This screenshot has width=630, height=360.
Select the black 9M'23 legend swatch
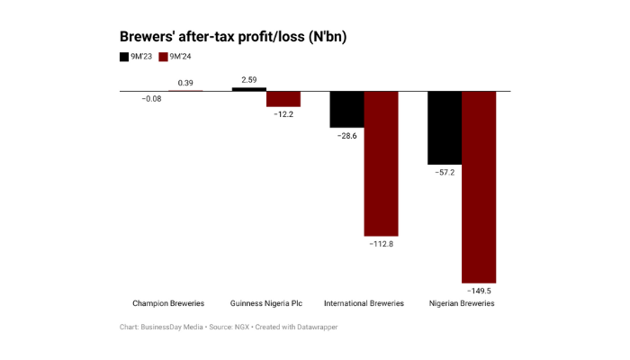(124, 57)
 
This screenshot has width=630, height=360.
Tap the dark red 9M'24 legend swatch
(163, 57)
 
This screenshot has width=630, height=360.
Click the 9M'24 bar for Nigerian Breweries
(479, 186)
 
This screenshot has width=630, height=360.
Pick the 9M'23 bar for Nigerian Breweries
(445, 127)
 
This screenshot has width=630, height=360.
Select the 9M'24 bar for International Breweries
(381, 163)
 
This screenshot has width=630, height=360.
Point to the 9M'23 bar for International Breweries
(346, 109)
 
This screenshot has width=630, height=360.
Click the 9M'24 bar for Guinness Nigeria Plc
(283, 99)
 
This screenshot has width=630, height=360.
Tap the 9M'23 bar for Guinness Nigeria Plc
(249, 89)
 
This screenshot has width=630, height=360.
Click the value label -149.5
(479, 292)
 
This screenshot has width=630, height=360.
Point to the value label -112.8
(381, 244)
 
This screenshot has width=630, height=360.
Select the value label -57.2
(445, 171)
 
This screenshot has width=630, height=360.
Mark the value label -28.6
(346, 135)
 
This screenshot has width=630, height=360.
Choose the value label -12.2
(283, 115)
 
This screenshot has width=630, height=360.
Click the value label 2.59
(249, 79)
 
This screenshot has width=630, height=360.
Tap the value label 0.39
(185, 83)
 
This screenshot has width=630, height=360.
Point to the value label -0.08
(151, 99)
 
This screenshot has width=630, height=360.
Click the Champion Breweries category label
(168, 303)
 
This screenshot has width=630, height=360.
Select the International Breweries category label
(364, 303)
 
